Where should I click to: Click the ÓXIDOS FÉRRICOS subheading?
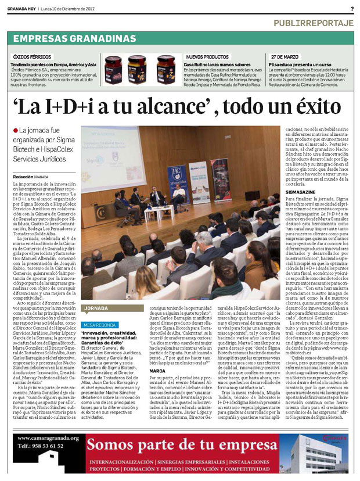tap(28, 56)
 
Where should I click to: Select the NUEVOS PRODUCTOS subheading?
tap(205, 56)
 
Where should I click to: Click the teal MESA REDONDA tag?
tap(99, 325)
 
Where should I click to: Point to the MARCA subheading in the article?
tap(157, 370)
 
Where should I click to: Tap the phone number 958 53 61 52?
tap(41, 462)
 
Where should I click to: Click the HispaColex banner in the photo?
tap(175, 181)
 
